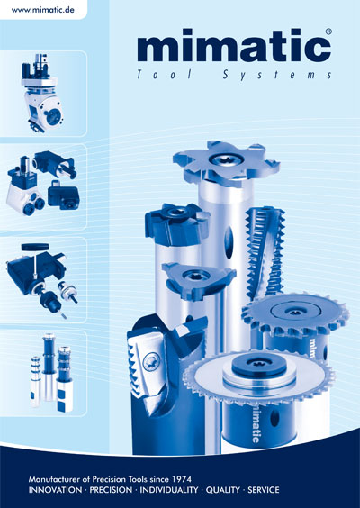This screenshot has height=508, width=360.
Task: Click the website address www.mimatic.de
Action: point(42,10)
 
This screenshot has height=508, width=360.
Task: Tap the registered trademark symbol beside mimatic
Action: point(328,32)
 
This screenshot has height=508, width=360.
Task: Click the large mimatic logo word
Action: point(234,45)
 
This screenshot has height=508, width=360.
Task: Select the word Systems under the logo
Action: point(277,75)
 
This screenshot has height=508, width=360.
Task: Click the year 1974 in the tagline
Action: point(181,479)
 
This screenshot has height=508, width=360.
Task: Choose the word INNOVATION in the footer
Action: point(55,490)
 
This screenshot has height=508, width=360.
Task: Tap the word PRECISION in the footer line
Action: point(111,490)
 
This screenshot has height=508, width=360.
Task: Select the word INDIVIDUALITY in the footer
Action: point(168,490)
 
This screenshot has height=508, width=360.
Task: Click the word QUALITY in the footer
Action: point(222,490)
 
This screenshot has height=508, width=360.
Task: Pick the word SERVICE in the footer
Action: point(263,490)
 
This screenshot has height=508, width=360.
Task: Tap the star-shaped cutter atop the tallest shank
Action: point(227,164)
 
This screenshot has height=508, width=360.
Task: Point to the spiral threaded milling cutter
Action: point(265,253)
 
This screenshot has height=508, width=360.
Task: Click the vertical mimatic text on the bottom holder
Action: point(256,425)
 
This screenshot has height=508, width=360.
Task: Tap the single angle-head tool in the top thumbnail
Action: point(41,93)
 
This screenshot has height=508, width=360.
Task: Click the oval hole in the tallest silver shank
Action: point(229,242)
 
